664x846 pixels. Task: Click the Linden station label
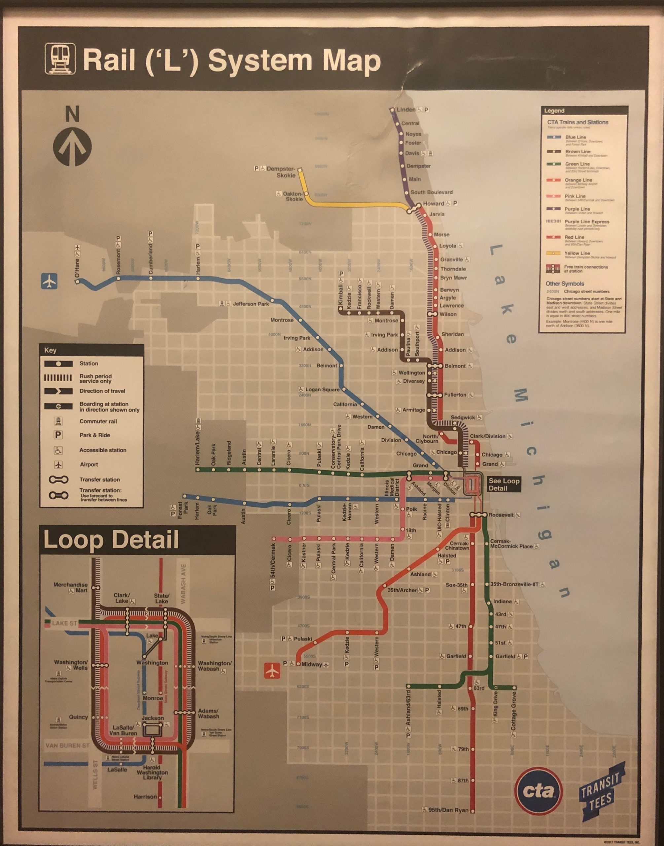tap(406, 110)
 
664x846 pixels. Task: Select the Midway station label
tap(311, 664)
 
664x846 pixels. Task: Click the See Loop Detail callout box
tap(504, 484)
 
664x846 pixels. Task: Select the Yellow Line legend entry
tap(577, 253)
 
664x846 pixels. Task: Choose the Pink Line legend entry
tap(575, 197)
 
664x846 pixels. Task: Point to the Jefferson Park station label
tap(250, 304)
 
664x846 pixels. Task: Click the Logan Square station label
tap(322, 390)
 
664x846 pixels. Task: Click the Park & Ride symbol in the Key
tap(60, 435)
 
